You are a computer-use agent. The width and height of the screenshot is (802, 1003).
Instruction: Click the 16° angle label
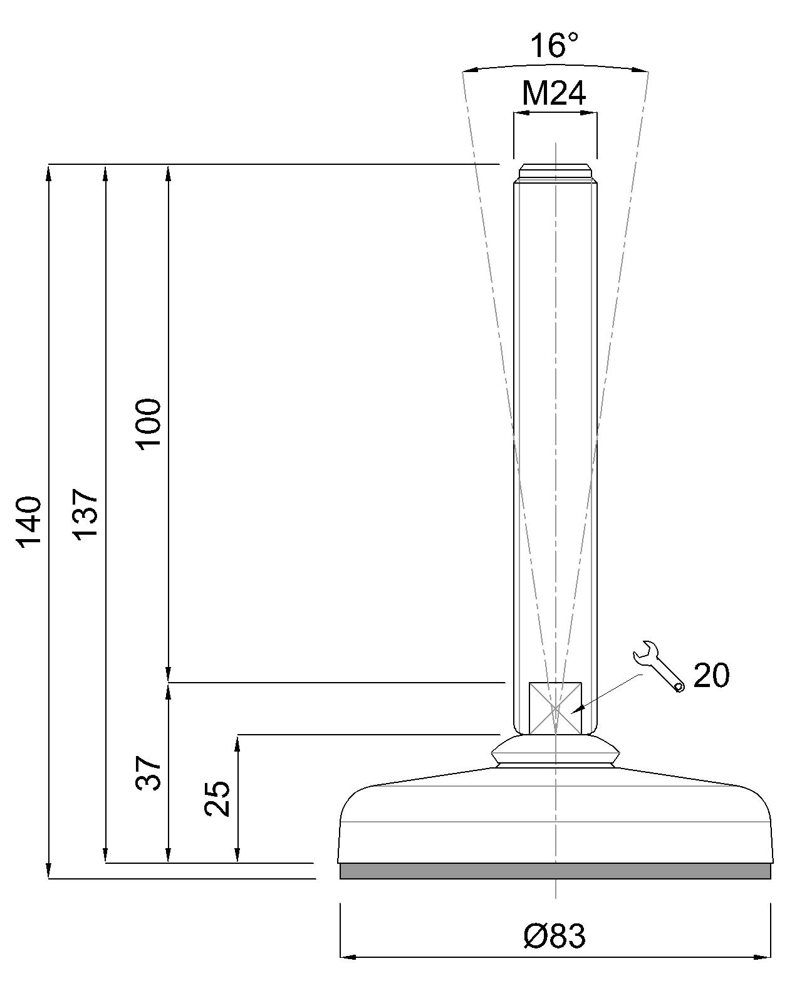pyautogui.click(x=554, y=45)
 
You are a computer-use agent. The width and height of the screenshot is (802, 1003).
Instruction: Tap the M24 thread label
pyautogui.click(x=554, y=93)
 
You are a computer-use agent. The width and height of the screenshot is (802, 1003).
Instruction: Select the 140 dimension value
pyautogui.click(x=29, y=521)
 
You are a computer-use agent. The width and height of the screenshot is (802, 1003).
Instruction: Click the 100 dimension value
pyautogui.click(x=148, y=424)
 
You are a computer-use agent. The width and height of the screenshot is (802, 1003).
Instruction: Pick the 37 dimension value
pyautogui.click(x=148, y=773)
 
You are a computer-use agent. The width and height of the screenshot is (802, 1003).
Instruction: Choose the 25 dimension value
pyautogui.click(x=217, y=799)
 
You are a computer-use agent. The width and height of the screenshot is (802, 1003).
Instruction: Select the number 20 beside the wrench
pyautogui.click(x=711, y=675)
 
